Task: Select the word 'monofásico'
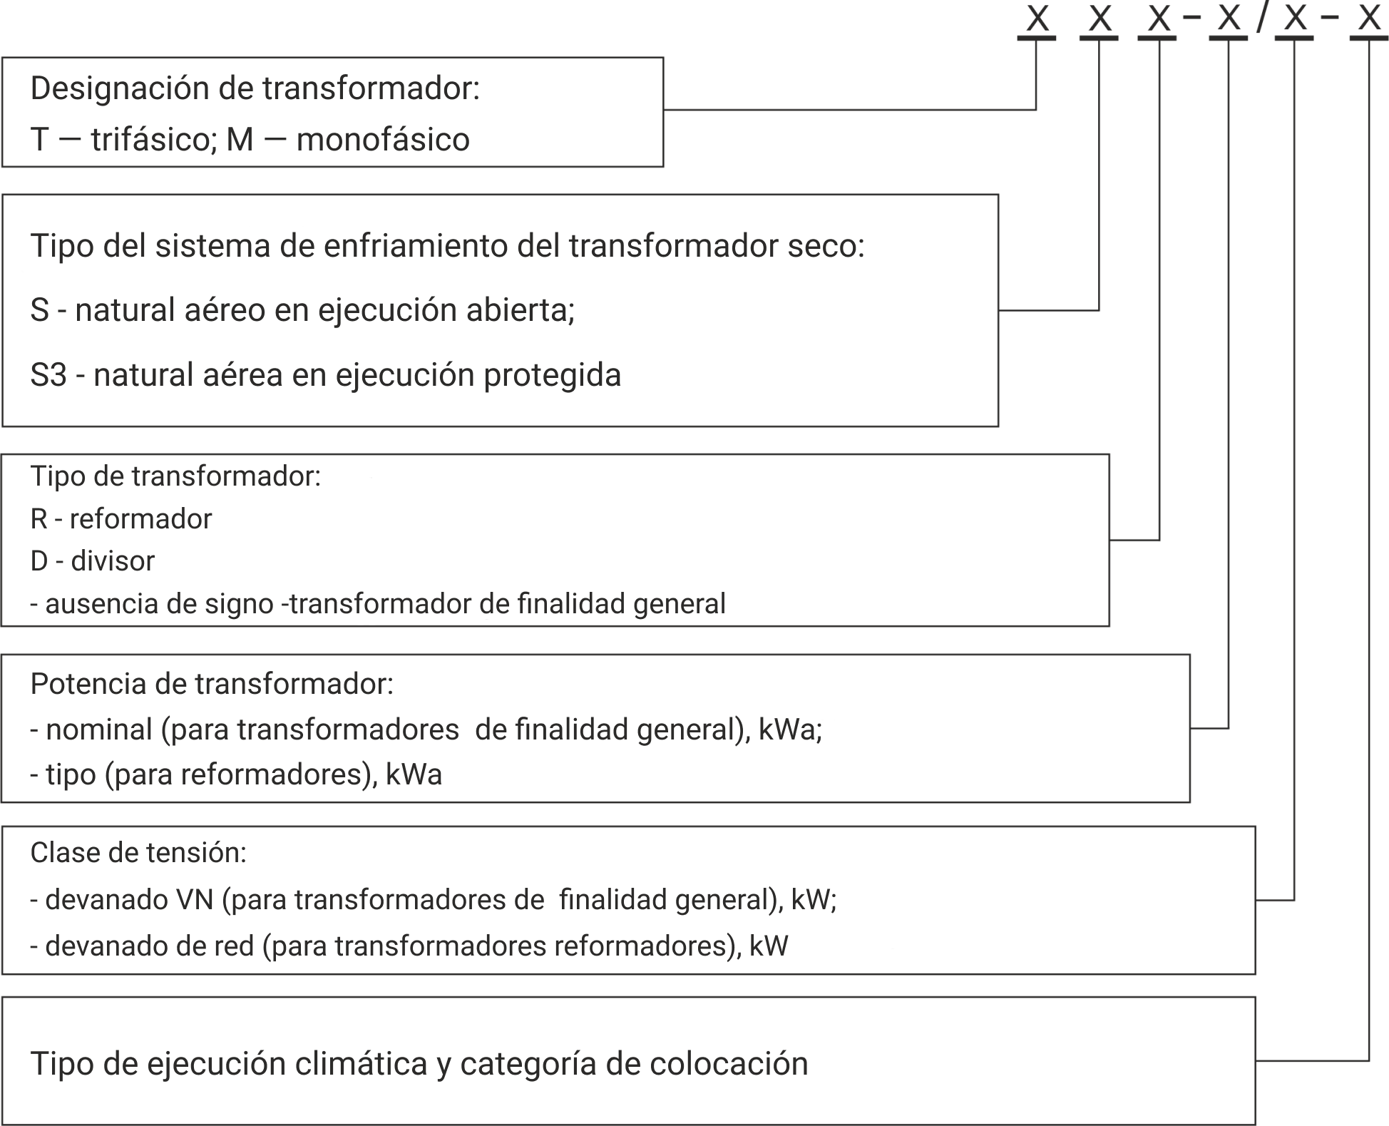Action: pyautogui.click(x=383, y=139)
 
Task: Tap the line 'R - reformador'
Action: pyautogui.click(x=121, y=518)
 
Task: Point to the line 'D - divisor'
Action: pyautogui.click(x=93, y=561)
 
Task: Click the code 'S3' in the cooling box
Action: pyautogui.click(x=48, y=375)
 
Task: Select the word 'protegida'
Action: pyautogui.click(x=553, y=376)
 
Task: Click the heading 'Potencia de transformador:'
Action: pyautogui.click(x=212, y=684)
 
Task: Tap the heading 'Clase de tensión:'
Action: pyautogui.click(x=138, y=852)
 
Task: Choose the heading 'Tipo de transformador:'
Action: pyautogui.click(x=175, y=476)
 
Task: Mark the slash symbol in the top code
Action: pyautogui.click(x=1262, y=18)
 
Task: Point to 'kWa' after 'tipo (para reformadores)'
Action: pyautogui.click(x=414, y=774)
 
